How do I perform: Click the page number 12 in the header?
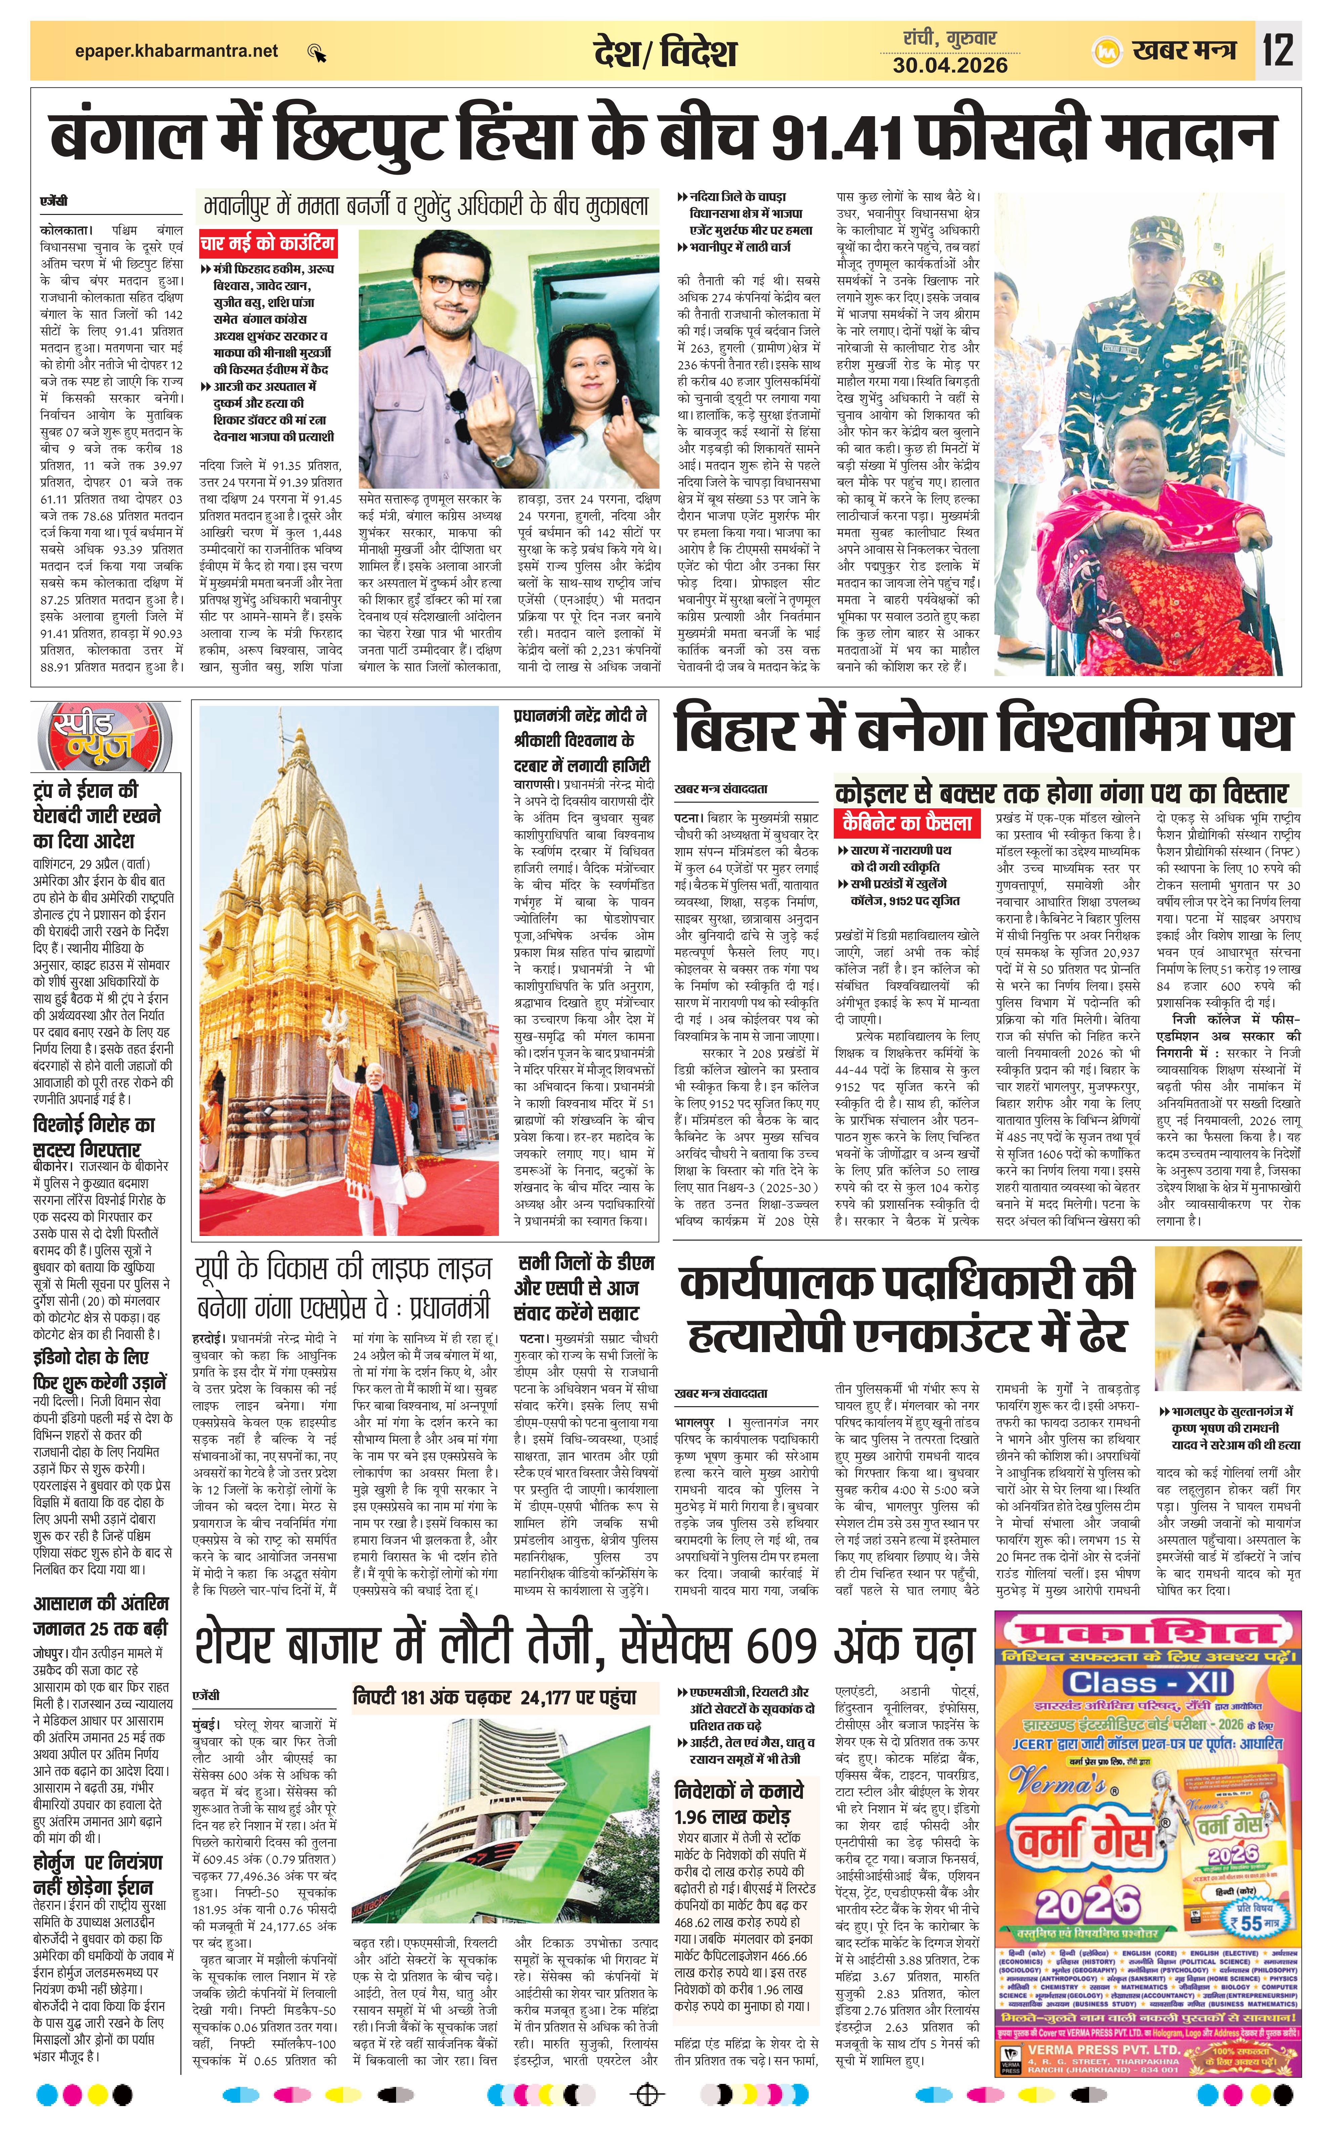(1278, 50)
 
